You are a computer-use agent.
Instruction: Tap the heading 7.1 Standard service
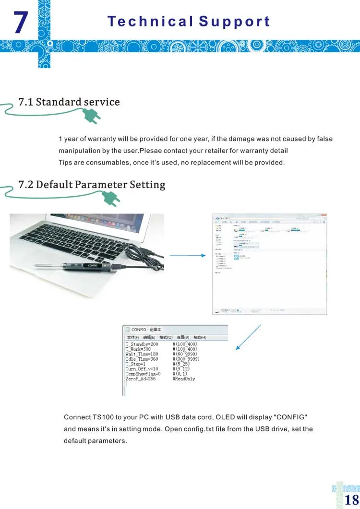coord(69,102)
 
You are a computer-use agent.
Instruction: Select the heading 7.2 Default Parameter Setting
coord(92,184)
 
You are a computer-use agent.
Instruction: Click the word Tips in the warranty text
coord(65,162)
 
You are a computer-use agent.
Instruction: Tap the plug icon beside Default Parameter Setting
coord(110,198)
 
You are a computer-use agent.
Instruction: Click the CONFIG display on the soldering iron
coord(92,265)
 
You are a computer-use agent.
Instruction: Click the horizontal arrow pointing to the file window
coord(188,255)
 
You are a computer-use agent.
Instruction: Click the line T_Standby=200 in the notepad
coord(142,344)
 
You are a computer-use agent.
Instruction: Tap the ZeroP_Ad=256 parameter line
coord(141,379)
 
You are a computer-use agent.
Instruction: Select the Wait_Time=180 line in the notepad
coord(142,354)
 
